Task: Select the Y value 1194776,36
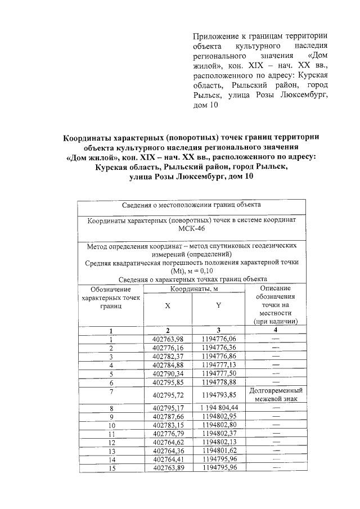tap(218, 348)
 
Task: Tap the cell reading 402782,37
tap(168, 357)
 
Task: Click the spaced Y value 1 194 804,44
tap(218, 408)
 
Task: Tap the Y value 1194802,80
tap(218, 425)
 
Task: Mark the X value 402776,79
tap(168, 434)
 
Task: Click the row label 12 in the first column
tap(111, 443)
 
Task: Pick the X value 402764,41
tap(168, 460)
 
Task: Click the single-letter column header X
tap(168, 307)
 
